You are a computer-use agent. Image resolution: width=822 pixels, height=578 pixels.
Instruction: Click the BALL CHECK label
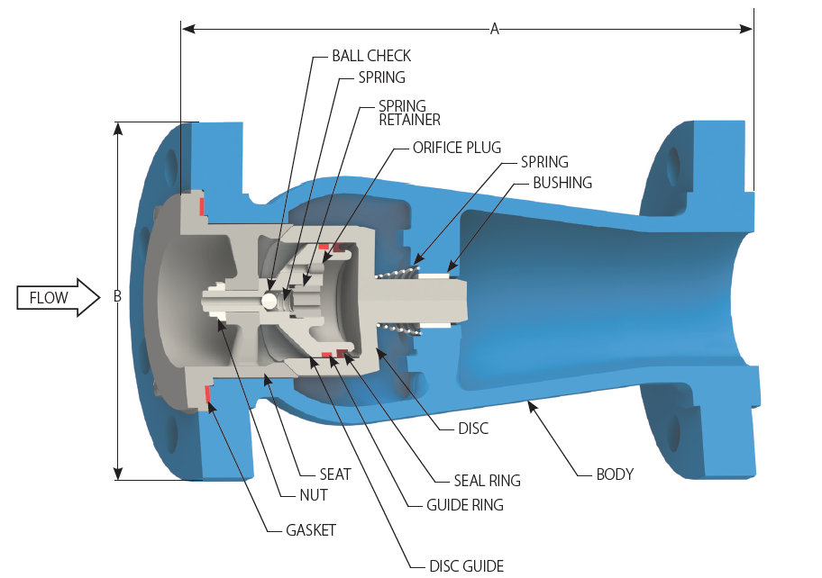[x=370, y=57]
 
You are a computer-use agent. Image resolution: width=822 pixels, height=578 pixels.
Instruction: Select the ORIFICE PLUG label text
[x=456, y=148]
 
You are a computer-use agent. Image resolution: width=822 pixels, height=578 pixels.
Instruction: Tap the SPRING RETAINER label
[x=408, y=113]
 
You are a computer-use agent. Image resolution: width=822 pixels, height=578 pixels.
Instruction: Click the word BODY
[x=615, y=474]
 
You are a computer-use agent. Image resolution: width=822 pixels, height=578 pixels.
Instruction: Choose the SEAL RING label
[x=487, y=481]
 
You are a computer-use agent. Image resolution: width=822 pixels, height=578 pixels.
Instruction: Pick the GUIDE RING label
[x=464, y=505]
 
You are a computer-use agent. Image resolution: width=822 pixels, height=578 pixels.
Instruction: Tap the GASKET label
[x=310, y=530]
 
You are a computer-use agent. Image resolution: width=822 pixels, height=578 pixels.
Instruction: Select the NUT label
[x=314, y=494]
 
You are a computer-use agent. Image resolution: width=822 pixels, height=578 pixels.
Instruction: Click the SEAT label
[x=335, y=474]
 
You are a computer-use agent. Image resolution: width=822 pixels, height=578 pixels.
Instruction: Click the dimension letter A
[x=494, y=29]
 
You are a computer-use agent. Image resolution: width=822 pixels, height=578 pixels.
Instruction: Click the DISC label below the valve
[x=473, y=429]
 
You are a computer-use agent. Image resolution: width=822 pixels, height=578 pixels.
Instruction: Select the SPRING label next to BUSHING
[x=544, y=162]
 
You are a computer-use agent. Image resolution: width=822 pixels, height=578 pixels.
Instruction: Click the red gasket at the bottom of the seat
[x=208, y=393]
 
